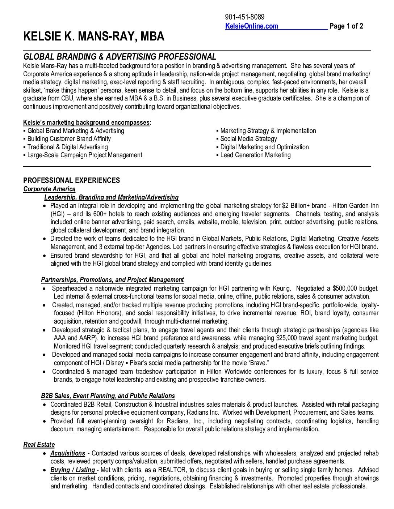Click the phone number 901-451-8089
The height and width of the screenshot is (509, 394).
click(x=244, y=17)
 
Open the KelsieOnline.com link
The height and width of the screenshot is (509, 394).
click(x=252, y=26)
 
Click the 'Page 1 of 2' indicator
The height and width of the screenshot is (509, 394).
click(x=346, y=26)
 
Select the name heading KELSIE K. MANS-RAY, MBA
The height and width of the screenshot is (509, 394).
click(x=94, y=37)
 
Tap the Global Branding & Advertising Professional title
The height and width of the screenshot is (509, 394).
click(x=120, y=57)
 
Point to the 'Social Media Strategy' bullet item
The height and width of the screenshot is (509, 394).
click(x=248, y=139)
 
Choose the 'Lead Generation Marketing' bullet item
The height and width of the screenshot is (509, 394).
click(x=255, y=155)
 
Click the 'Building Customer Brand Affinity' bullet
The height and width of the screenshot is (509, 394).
click(x=69, y=139)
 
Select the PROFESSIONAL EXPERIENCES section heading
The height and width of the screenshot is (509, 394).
click(x=71, y=180)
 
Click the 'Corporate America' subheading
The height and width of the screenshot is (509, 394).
click(x=49, y=189)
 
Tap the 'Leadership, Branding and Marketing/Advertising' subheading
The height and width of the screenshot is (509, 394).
click(x=111, y=197)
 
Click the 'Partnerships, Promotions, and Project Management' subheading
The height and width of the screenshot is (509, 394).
click(x=112, y=280)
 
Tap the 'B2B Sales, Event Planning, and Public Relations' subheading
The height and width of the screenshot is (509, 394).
click(x=108, y=396)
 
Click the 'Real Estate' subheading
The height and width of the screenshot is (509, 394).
click(x=39, y=445)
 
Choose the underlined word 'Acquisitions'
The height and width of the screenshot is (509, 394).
click(x=68, y=453)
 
